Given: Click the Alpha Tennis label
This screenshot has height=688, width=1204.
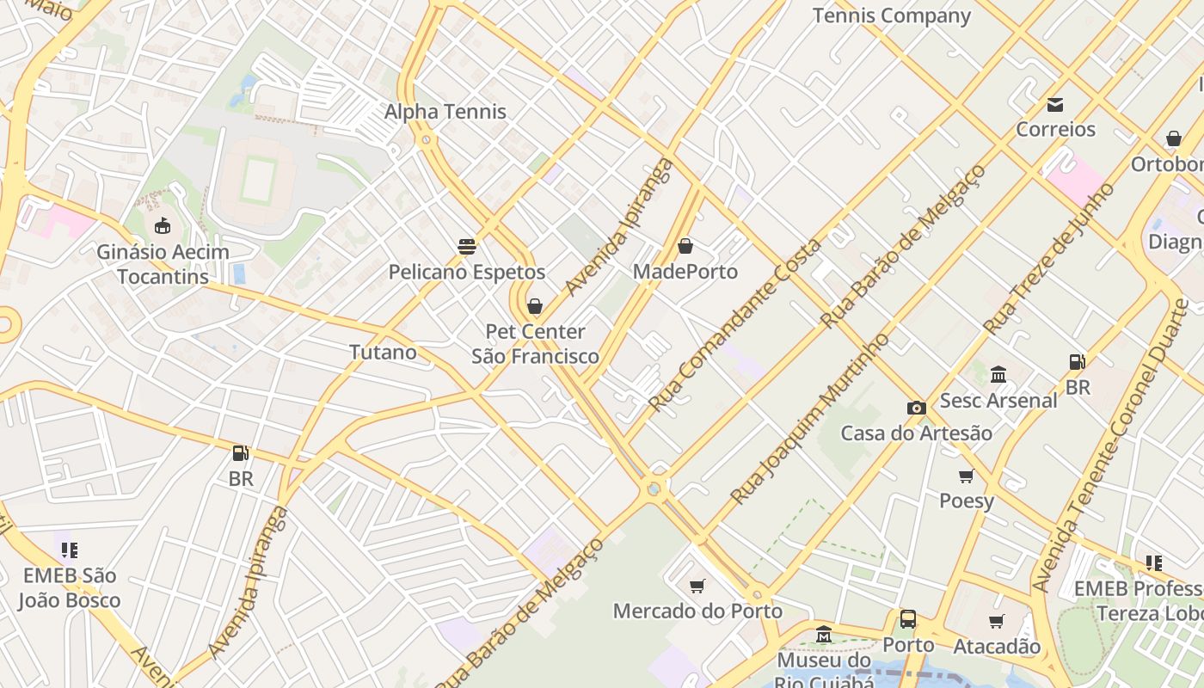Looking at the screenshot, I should click(445, 112).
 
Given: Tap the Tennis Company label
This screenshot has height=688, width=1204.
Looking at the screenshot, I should click(891, 15).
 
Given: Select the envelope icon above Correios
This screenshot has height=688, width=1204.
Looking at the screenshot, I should click(1055, 105).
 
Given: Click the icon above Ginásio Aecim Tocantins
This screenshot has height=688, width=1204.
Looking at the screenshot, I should click(163, 226).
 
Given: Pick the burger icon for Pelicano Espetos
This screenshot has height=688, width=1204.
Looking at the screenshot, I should click(467, 247).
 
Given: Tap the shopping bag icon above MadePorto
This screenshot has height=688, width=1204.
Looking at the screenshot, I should click(685, 247).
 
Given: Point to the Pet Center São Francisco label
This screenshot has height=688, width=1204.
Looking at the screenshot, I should click(535, 344).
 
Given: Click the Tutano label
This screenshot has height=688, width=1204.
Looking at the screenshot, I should click(383, 352).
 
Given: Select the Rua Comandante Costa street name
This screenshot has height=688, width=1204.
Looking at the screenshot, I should click(734, 325).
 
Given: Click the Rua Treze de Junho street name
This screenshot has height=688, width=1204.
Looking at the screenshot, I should click(1048, 259).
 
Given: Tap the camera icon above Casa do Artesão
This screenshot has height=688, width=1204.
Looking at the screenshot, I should click(916, 408).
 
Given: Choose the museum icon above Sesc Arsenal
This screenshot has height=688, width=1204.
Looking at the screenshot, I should click(998, 375).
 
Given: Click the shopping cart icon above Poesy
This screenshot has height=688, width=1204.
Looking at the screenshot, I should click(966, 476).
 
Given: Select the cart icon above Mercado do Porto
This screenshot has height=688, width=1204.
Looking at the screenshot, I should click(697, 586).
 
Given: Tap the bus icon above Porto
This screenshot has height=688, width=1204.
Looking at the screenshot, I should click(908, 619).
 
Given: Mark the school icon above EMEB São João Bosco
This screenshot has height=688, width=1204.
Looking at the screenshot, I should click(70, 550).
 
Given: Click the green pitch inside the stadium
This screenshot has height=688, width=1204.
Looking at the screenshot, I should click(257, 180).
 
